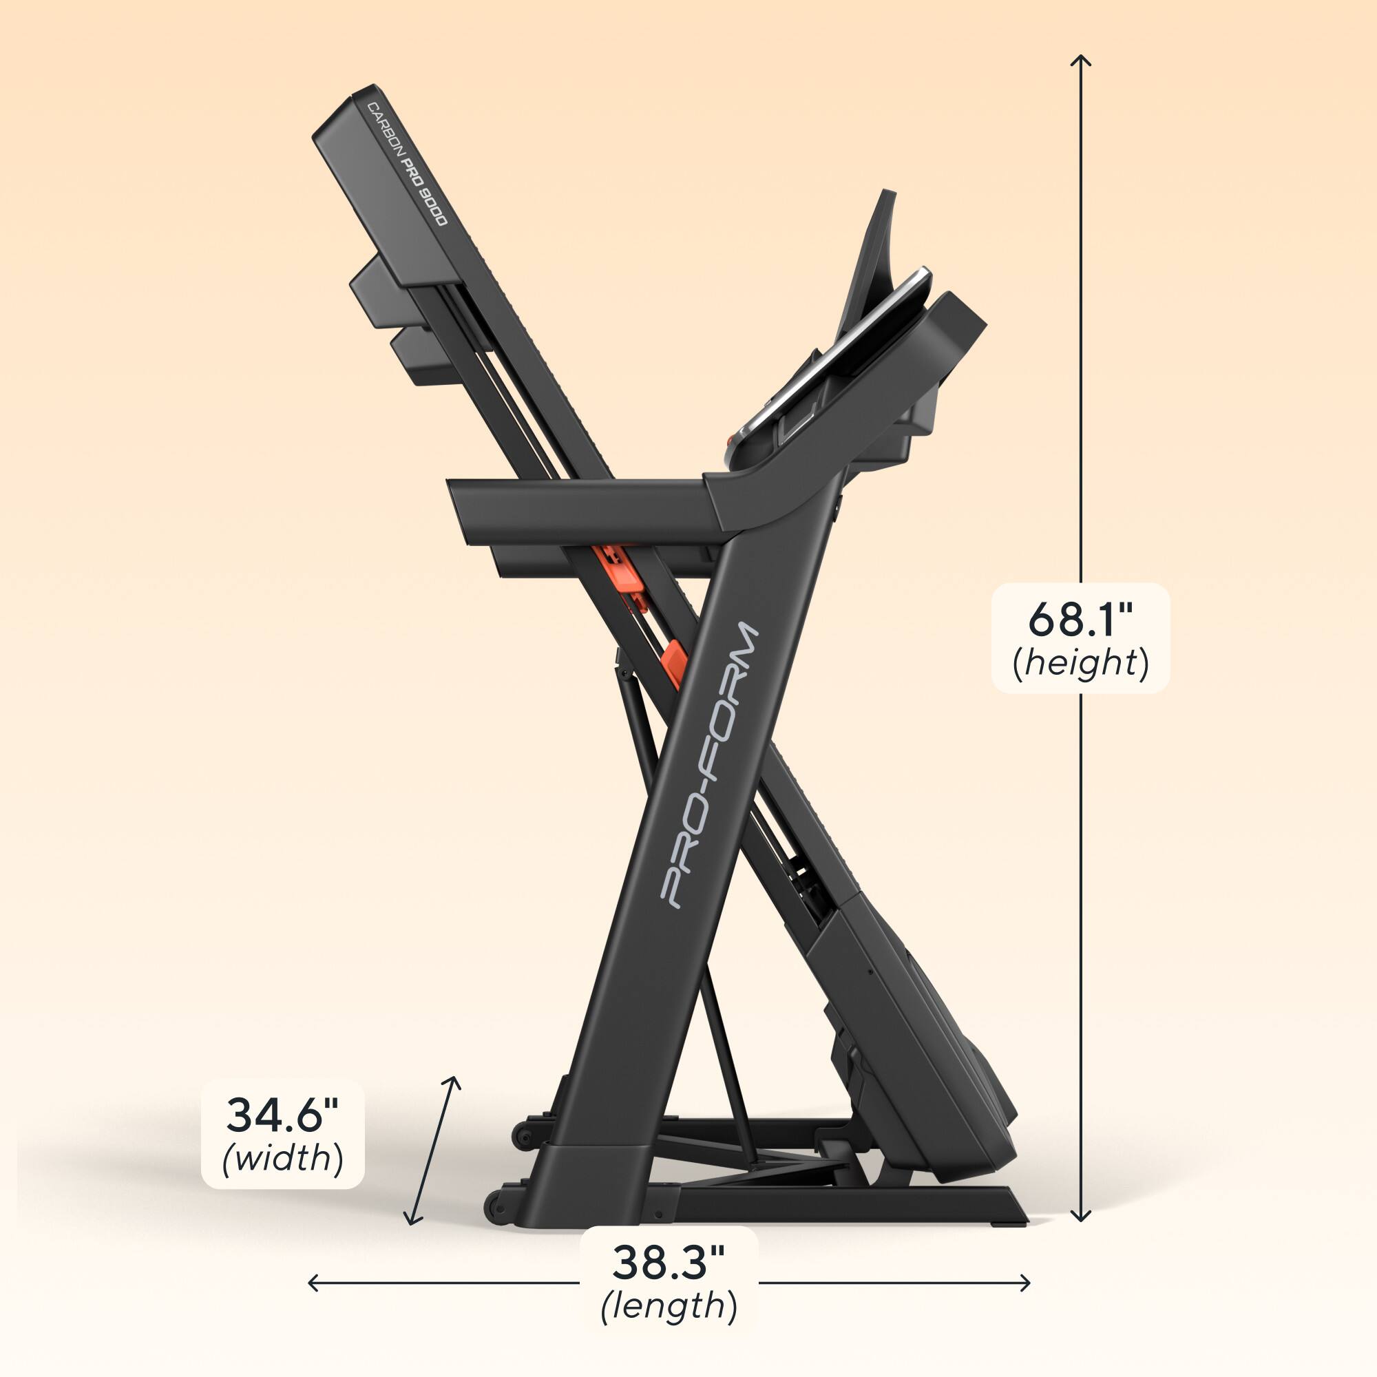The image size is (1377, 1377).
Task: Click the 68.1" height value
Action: tap(1080, 620)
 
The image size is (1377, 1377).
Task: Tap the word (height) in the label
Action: tap(1080, 664)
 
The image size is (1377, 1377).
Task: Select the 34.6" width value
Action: tap(282, 1115)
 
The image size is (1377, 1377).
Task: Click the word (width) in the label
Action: tap(283, 1158)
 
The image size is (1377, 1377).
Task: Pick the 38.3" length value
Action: tap(668, 1262)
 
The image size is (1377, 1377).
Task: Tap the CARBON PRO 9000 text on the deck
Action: tap(407, 164)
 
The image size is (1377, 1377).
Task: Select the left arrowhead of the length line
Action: tap(311, 1283)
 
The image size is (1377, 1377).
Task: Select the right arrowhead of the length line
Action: tap(1027, 1283)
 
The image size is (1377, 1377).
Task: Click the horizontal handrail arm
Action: tap(578, 507)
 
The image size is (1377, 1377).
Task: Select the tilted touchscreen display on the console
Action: tap(834, 357)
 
